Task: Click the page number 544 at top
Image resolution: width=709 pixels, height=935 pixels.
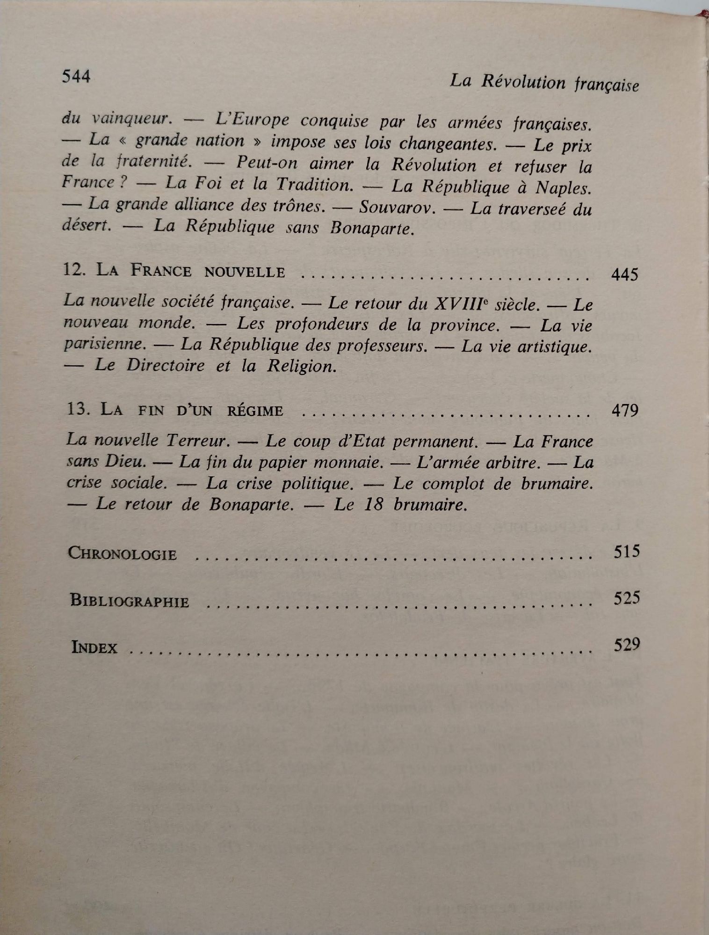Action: [x=76, y=76]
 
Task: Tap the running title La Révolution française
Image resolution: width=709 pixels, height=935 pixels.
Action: [x=544, y=83]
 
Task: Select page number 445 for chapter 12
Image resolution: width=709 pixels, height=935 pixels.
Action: [x=624, y=274]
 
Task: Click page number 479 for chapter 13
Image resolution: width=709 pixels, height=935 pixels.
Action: [x=625, y=410]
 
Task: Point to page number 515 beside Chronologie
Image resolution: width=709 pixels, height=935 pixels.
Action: [x=626, y=552]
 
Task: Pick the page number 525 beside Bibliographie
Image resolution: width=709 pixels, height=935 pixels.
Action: [x=626, y=598]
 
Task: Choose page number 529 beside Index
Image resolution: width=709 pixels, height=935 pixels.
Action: [x=626, y=645]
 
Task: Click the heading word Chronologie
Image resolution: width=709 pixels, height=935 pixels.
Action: [x=123, y=554]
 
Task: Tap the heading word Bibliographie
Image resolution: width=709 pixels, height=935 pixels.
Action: [x=130, y=601]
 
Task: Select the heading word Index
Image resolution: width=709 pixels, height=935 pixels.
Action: [x=94, y=647]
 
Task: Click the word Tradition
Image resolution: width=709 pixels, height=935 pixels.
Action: [x=314, y=185]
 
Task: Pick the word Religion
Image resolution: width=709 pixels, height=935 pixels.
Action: [x=302, y=366]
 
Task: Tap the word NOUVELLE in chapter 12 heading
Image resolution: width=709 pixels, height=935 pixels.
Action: [x=245, y=271]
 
